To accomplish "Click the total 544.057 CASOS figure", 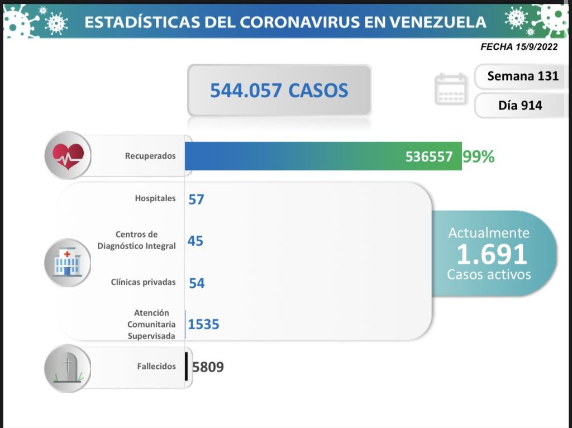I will pos(279,90).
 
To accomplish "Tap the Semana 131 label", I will pos(522,76).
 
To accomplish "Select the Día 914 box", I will pos(520,104).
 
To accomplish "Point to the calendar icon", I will pos(450,89).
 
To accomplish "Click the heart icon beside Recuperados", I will pos(68,155).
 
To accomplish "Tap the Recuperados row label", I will pos(150,156).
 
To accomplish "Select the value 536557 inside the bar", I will pos(428,157).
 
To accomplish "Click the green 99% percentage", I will pos(478,157).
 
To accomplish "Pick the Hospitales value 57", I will pos(196,199).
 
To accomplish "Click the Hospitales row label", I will pos(155,198).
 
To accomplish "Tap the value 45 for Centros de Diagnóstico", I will pos(196,241).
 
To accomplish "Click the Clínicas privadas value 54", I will pos(197,283).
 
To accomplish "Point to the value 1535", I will pos(204,324).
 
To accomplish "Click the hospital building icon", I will pos(67,263).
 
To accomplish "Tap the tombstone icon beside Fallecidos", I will pos(68,367).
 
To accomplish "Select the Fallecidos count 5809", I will pos(208,367).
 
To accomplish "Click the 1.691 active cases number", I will pos(492,254).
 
